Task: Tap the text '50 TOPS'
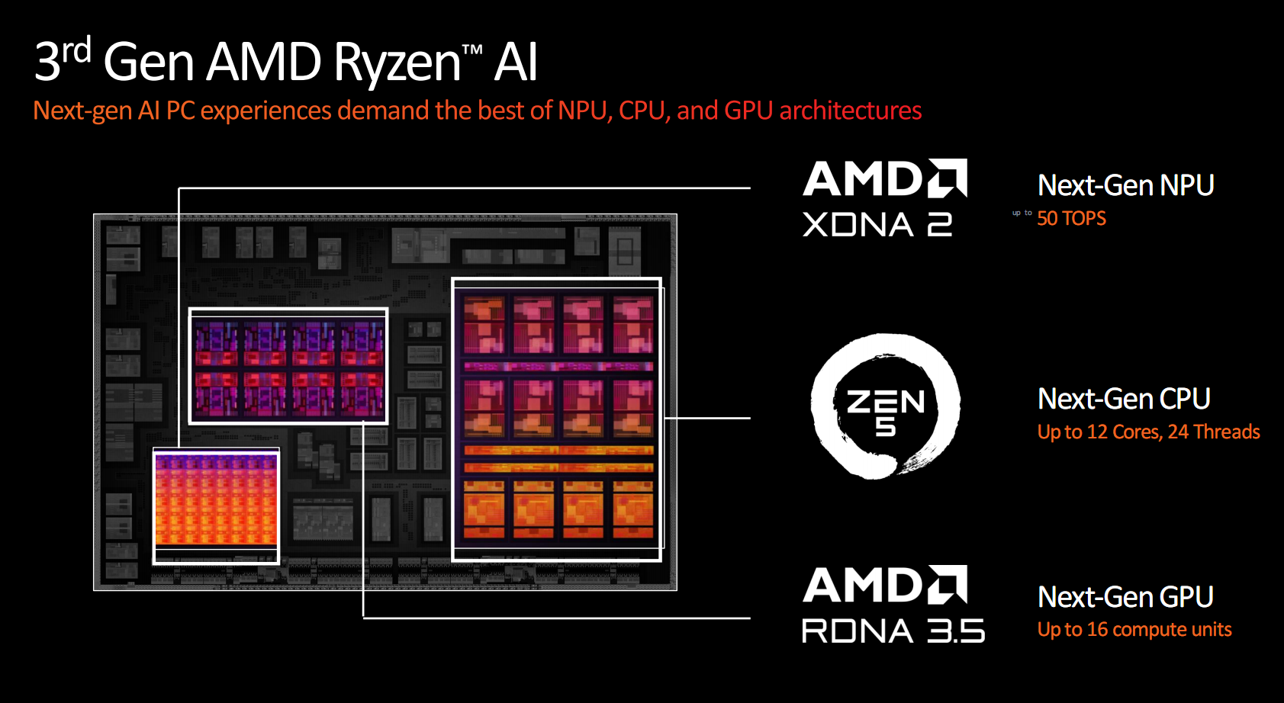(1071, 218)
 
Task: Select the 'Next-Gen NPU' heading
(1126, 185)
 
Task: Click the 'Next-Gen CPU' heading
(1124, 399)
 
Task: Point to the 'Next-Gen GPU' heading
(1125, 596)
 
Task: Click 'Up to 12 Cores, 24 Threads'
(1148, 432)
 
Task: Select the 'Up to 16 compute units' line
(1134, 629)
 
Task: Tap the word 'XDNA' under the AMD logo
(858, 224)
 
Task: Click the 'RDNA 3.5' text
(893, 631)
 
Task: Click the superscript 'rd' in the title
(76, 50)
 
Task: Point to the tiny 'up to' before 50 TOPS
(1022, 213)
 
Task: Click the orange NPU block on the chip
(216, 499)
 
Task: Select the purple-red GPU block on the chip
(288, 366)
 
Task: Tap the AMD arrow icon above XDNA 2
(948, 178)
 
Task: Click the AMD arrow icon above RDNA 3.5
(948, 584)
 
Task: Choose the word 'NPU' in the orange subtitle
(582, 110)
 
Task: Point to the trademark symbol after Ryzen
(471, 50)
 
